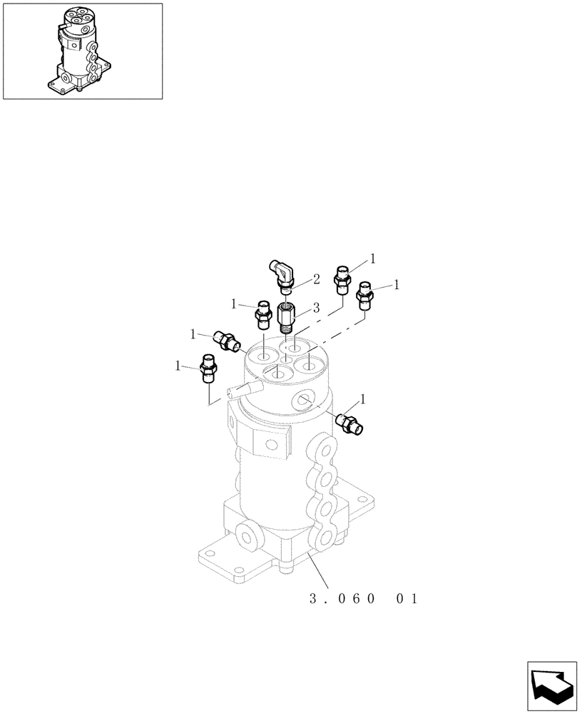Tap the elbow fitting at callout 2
coord(282,275)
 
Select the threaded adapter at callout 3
coord(286,317)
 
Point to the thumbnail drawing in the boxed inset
coord(82,51)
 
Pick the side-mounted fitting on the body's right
coord(350,423)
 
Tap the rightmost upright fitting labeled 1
coord(366,293)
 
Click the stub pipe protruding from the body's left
coord(240,390)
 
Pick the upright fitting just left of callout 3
coord(262,314)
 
